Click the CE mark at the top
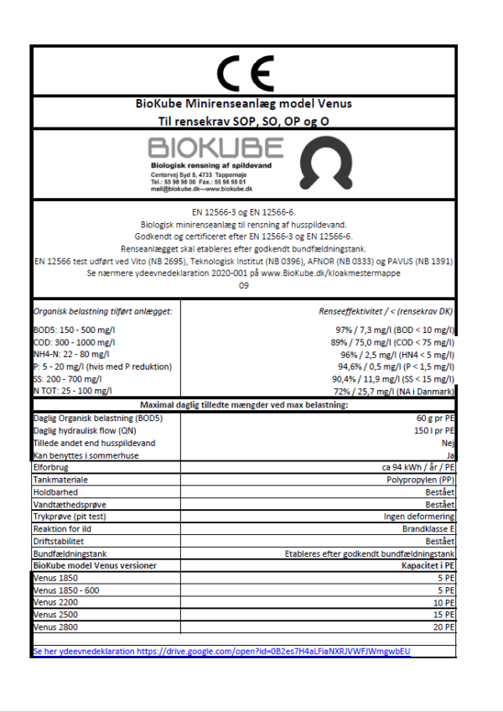click(244, 73)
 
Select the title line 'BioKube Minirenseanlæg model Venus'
click(244, 105)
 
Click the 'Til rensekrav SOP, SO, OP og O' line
click(244, 121)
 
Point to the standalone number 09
click(244, 286)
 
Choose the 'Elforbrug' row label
click(51, 466)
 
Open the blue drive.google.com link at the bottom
click(225, 651)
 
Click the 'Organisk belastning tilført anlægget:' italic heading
click(102, 311)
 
